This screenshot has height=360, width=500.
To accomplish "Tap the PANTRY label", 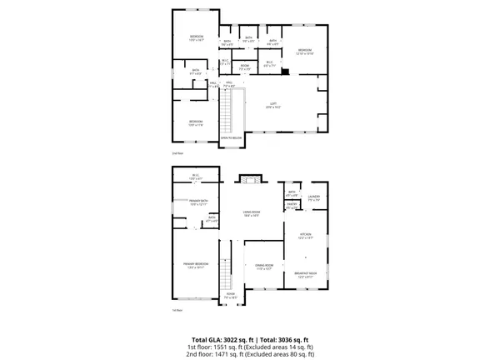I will [x=292, y=204].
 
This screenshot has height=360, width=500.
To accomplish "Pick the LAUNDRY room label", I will [x=314, y=197].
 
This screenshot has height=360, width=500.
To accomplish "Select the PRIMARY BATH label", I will [x=197, y=202].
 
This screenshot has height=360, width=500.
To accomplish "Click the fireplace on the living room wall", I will [x=250, y=177].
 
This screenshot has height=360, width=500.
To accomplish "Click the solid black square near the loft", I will [x=286, y=72].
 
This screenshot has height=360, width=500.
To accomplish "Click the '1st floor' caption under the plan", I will [x=177, y=310].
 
